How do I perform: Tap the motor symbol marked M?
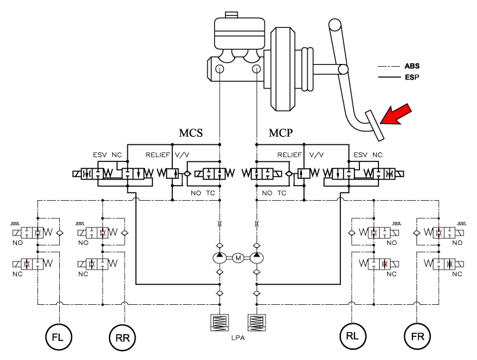pos(238,258)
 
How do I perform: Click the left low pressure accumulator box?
pos(220,322)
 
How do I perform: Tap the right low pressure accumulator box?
pos(257,322)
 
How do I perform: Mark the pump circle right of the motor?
pos(257,258)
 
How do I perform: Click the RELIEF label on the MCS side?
pos(158,155)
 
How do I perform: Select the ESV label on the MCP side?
pos(361,155)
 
